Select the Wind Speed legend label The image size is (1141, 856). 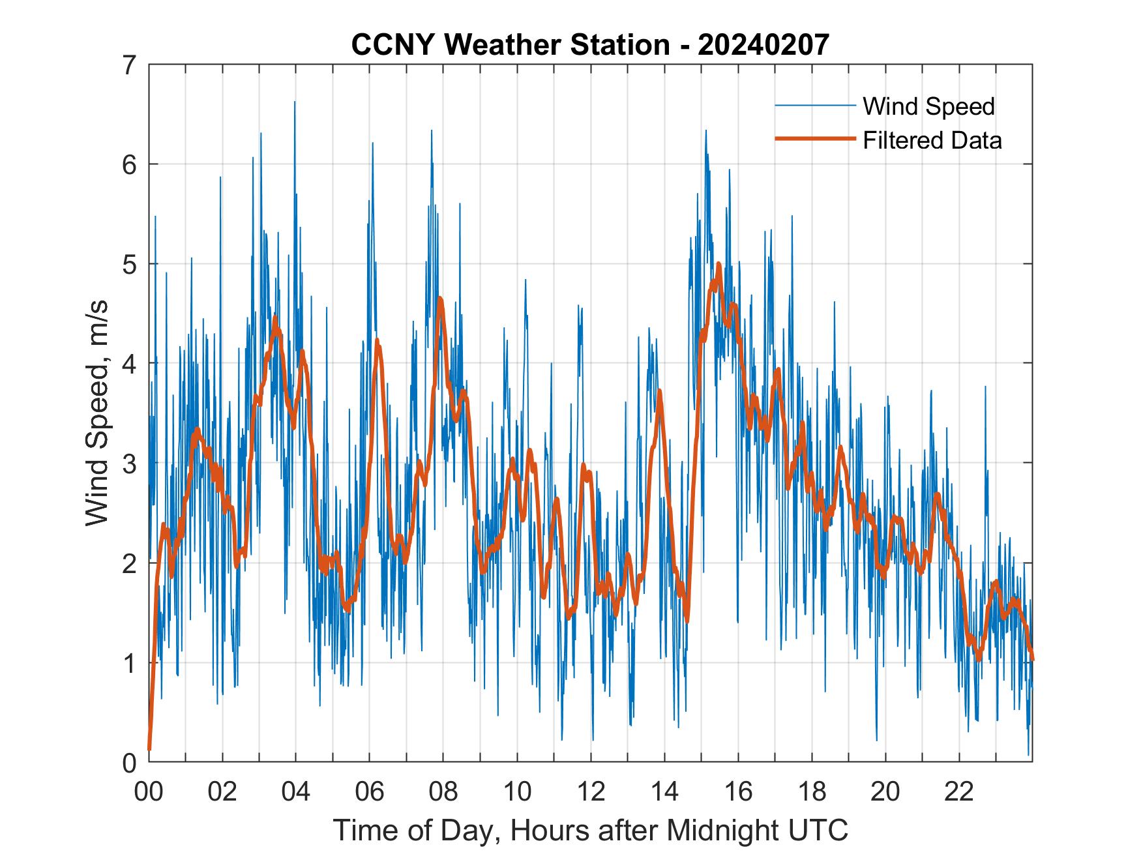[x=928, y=106]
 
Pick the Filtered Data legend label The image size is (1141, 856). [x=932, y=140]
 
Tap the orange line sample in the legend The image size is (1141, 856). [x=814, y=139]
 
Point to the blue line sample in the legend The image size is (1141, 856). [x=814, y=106]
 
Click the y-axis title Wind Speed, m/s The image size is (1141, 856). [x=97, y=413]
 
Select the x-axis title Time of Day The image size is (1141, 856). [x=591, y=830]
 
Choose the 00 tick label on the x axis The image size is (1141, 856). [x=149, y=791]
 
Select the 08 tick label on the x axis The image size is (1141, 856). [x=443, y=791]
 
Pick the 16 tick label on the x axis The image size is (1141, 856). [x=738, y=791]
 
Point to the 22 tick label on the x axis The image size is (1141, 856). [x=959, y=791]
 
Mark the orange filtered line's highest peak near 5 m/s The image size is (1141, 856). [x=719, y=264]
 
